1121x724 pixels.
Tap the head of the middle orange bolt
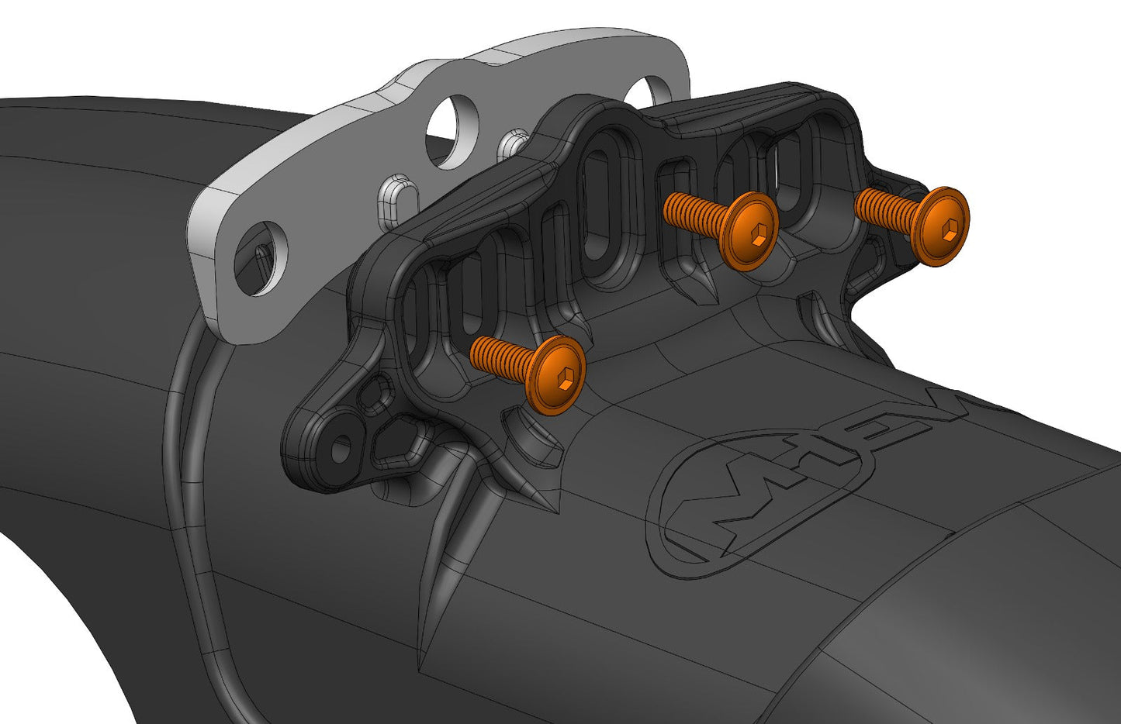(x=749, y=231)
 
